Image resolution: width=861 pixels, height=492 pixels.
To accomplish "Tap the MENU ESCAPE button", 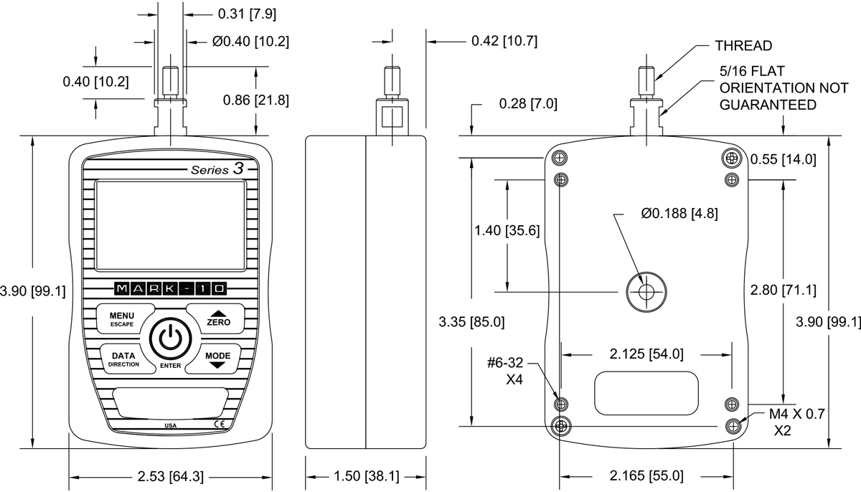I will click(x=122, y=320).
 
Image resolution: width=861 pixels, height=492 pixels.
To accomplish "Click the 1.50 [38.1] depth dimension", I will click(x=366, y=476).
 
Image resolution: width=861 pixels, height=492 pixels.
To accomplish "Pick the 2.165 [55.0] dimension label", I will click(x=646, y=476).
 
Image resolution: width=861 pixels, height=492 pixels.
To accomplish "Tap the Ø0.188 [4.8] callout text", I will click(x=679, y=213).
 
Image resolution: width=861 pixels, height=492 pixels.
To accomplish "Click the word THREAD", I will click(x=743, y=46).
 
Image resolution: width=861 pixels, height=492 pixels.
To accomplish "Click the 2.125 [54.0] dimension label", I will click(x=646, y=354).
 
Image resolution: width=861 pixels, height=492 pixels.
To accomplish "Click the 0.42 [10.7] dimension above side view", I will click(x=504, y=41).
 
